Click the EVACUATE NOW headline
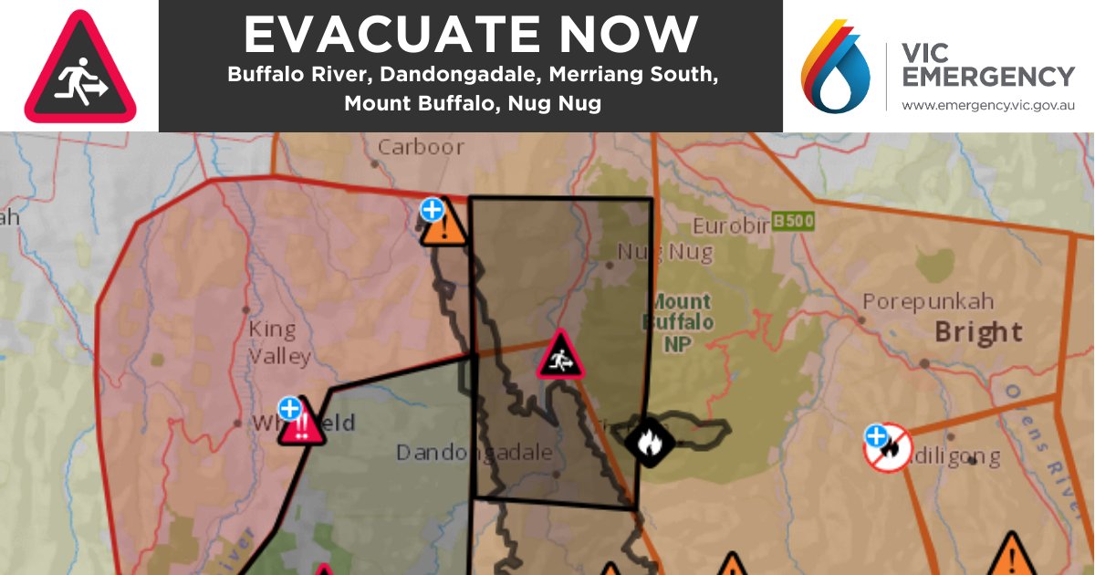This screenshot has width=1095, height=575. click(471, 35)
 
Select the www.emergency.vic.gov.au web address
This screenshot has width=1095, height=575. click(988, 106)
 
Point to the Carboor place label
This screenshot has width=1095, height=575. click(421, 146)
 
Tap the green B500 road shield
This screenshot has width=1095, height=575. click(792, 221)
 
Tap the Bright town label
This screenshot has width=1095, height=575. click(978, 331)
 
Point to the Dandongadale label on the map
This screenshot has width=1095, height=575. click(474, 453)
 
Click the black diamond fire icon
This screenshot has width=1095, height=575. click(649, 443)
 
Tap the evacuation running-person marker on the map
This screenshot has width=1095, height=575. click(560, 356)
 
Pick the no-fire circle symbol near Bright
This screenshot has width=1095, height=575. click(888, 447)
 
